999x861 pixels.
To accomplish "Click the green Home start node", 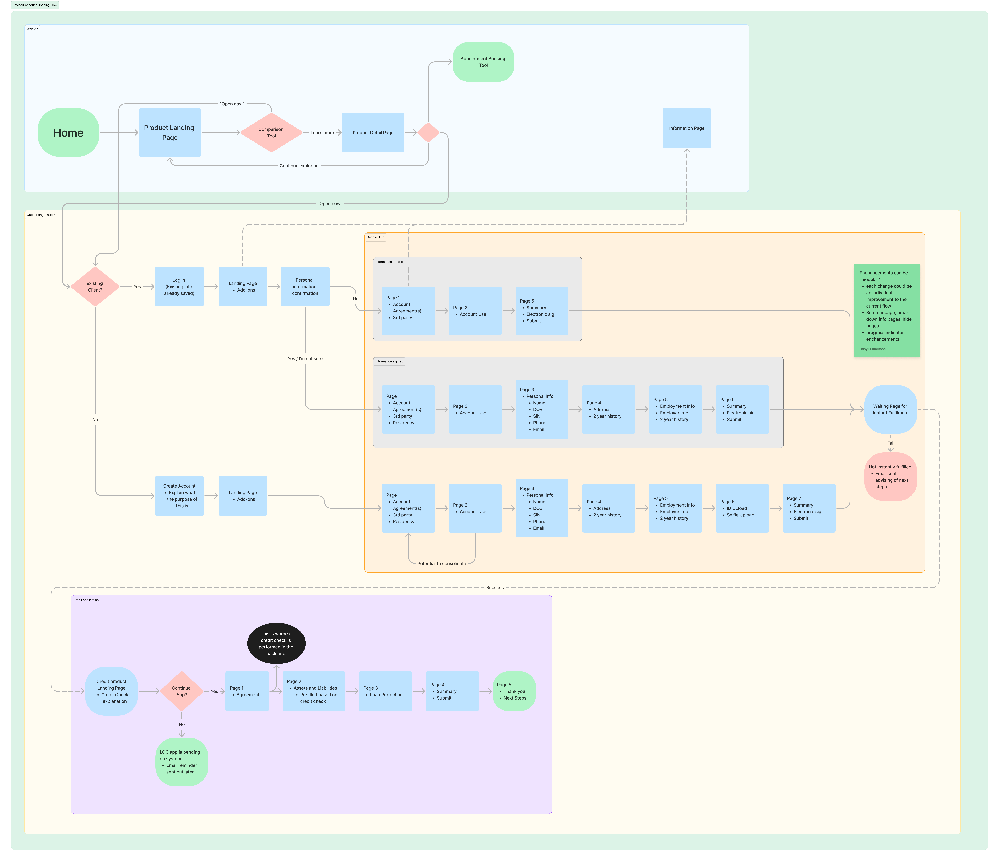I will click(x=68, y=133).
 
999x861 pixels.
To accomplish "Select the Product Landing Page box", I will click(x=170, y=133).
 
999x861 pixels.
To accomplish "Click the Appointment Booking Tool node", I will click(x=483, y=62).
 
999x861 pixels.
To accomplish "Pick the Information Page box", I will click(x=687, y=128).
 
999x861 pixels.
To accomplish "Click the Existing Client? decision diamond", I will click(x=95, y=287).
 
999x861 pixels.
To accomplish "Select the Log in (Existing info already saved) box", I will click(x=179, y=287).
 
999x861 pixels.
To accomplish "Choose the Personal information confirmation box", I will click(x=305, y=287).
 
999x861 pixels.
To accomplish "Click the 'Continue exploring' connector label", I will click(x=299, y=166).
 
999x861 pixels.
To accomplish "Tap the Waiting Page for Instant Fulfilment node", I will click(x=891, y=410).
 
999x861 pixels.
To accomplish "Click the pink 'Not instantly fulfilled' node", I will click(x=891, y=477).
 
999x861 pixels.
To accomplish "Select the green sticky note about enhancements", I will click(x=887, y=310).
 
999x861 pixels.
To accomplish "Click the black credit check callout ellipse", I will click(x=276, y=643).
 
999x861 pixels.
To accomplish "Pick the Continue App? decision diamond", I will click(x=181, y=691).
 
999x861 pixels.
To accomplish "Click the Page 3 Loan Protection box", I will click(x=385, y=691).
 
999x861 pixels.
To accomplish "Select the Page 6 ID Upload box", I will click(x=742, y=508).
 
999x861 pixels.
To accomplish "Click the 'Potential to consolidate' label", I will click(x=442, y=563).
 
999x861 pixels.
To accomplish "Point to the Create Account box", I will click(x=179, y=496).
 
